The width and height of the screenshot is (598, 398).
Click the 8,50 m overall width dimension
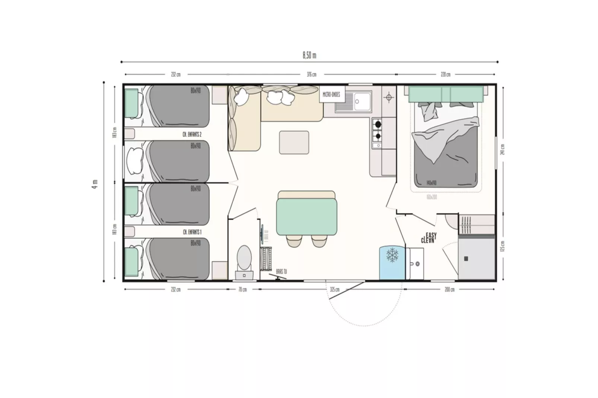pyautogui.click(x=309, y=55)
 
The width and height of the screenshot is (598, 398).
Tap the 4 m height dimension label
pyautogui.click(x=95, y=184)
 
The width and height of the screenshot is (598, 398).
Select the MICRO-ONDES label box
pyautogui.click(x=331, y=94)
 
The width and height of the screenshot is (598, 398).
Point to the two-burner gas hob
pyautogui.click(x=377, y=130)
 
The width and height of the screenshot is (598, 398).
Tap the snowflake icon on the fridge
pyautogui.click(x=392, y=255)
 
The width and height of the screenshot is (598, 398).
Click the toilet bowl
pyautogui.click(x=244, y=257)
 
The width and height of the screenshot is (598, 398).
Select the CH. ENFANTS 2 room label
pyautogui.click(x=193, y=134)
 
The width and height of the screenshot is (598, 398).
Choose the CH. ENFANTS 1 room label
pyautogui.click(x=193, y=232)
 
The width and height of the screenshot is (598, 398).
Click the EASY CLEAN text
pyautogui.click(x=429, y=238)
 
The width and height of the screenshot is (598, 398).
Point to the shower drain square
pyautogui.click(x=466, y=259)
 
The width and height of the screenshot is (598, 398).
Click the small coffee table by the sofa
pyautogui.click(x=294, y=142)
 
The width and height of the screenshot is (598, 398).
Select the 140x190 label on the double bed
pyautogui.click(x=432, y=183)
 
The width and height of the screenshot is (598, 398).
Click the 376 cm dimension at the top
pyautogui.click(x=312, y=74)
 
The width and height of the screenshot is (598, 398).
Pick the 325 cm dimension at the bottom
pyautogui.click(x=335, y=289)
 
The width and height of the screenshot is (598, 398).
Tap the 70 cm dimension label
pyautogui.click(x=242, y=289)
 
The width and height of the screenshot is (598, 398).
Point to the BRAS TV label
pyautogui.click(x=281, y=272)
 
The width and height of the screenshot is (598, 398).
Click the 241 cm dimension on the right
pyautogui.click(x=503, y=150)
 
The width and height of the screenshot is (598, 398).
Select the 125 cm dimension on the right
pyautogui.click(x=503, y=245)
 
